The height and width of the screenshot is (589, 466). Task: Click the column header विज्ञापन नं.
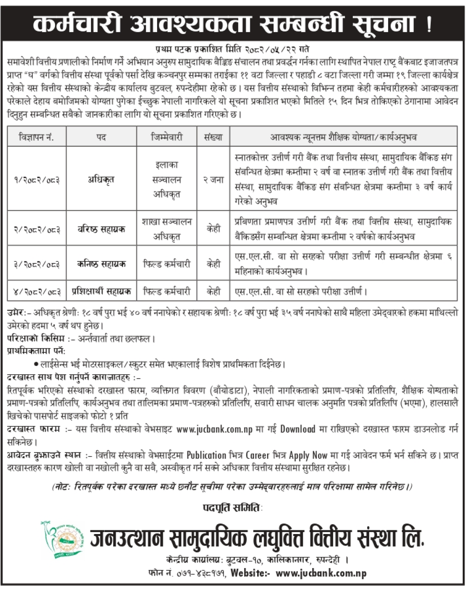tap(37, 137)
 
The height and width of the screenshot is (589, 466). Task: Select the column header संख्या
tap(213, 137)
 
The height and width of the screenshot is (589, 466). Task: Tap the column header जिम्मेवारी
tap(166, 137)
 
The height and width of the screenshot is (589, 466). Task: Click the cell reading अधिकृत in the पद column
tap(101, 179)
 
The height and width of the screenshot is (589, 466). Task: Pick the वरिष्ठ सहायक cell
tap(101, 230)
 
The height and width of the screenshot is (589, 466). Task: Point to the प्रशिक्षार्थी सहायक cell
tap(101, 292)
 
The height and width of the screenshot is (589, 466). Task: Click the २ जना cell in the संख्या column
tap(213, 179)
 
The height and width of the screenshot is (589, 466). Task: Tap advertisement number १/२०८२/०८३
tap(37, 179)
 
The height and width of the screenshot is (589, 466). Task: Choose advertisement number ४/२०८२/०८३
tap(37, 292)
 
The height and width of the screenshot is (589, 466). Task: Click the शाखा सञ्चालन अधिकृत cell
tap(166, 230)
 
